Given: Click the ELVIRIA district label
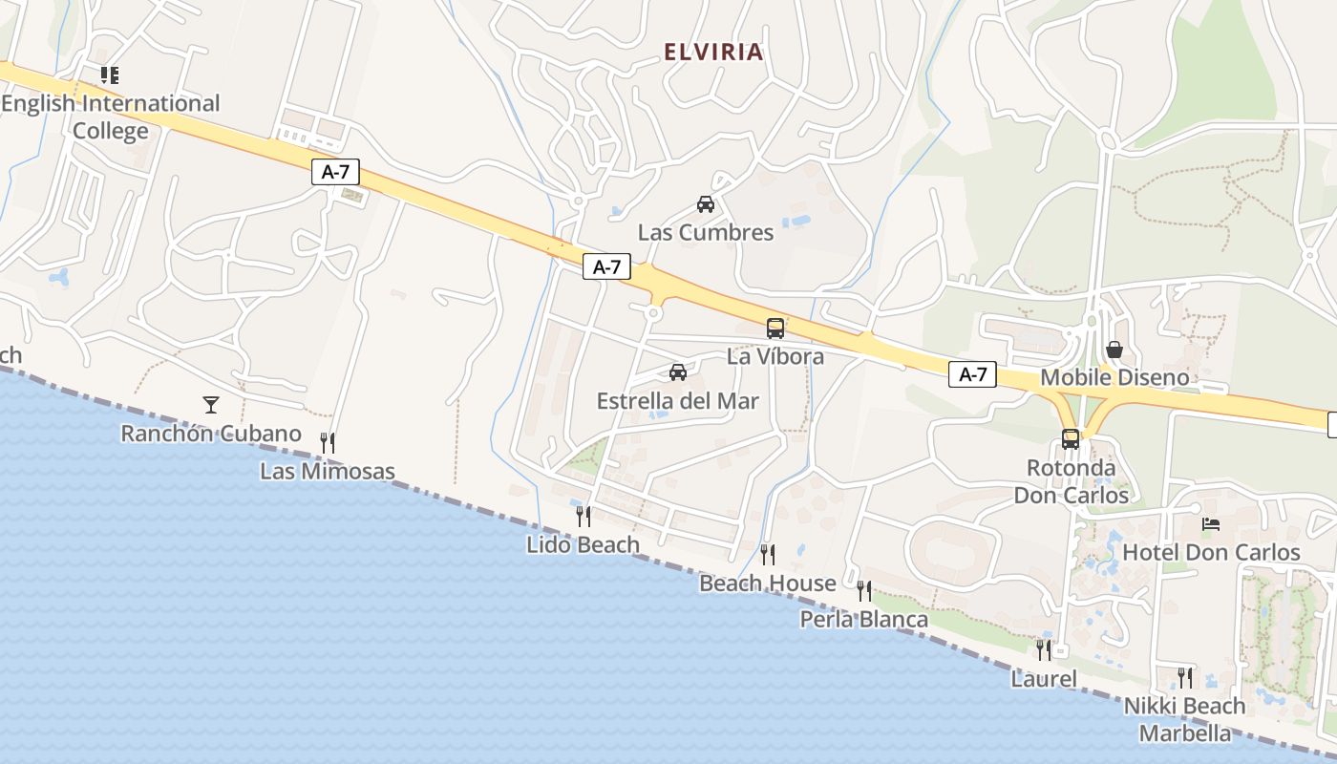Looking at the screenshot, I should click(x=714, y=53).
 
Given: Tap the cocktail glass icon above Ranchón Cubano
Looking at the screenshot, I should click(x=211, y=405).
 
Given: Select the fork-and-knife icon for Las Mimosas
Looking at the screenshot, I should click(x=328, y=442).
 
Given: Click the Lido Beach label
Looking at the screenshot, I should click(x=583, y=544).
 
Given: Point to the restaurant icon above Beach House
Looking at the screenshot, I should click(x=768, y=554).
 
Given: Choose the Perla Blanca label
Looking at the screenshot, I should click(x=863, y=620).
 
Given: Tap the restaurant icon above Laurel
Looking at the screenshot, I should click(x=1044, y=650).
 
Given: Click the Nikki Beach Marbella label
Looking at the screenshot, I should click(x=1184, y=720).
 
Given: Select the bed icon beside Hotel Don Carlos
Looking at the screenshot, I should click(x=1211, y=523).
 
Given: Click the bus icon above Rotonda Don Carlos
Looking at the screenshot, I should click(x=1071, y=439).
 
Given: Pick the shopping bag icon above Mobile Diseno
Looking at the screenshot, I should click(x=1114, y=350).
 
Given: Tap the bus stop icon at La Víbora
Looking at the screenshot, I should click(x=775, y=329).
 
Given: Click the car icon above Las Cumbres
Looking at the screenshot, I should click(x=706, y=203).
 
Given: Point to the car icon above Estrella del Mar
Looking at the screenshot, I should click(x=678, y=371).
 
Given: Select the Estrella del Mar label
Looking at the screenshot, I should click(x=678, y=401).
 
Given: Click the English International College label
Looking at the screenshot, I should click(x=111, y=117).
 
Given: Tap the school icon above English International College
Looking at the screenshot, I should click(x=110, y=74).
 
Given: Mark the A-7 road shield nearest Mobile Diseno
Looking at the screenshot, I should click(x=973, y=375).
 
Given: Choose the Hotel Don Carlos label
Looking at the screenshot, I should click(x=1211, y=552).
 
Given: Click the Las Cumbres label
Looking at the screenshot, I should click(x=706, y=233).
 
